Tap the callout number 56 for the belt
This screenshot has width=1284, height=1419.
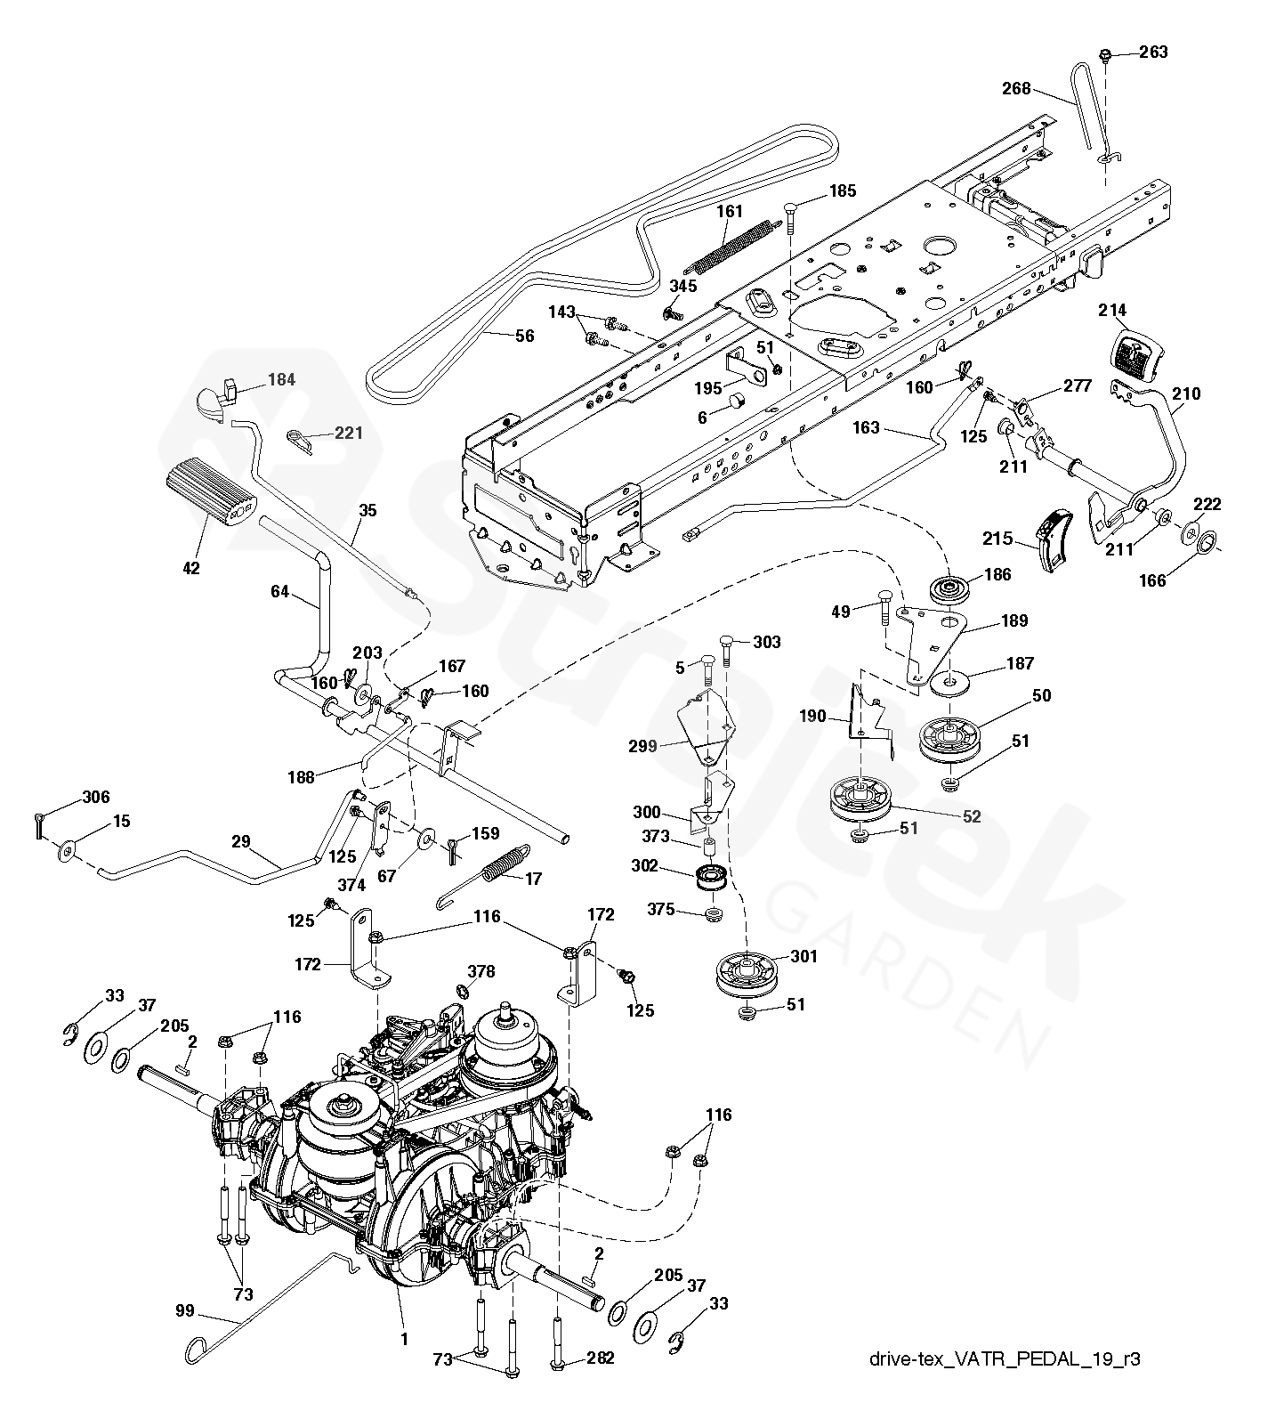point(526,336)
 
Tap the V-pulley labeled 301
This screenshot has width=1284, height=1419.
point(746,977)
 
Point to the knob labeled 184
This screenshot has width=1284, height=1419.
point(215,395)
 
